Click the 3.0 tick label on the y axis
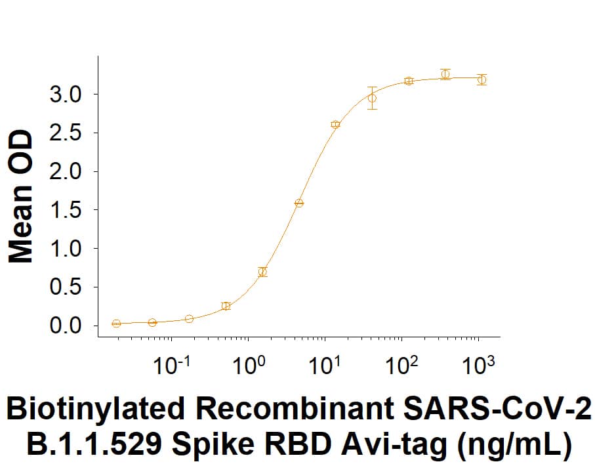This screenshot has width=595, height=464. click(x=65, y=95)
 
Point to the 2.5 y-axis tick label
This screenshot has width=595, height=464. click(x=65, y=133)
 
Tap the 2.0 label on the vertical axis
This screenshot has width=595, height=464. click(x=65, y=172)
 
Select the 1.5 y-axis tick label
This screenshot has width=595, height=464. click(x=65, y=210)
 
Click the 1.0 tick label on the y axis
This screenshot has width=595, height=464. click(x=65, y=249)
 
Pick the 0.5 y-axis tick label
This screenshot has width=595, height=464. click(x=65, y=287)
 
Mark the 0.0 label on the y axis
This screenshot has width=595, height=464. click(x=65, y=326)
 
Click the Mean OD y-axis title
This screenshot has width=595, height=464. click(x=22, y=197)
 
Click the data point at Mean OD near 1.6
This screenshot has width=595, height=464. click(x=299, y=203)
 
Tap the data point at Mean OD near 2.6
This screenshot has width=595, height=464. click(x=335, y=124)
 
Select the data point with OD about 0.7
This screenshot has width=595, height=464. click(x=262, y=272)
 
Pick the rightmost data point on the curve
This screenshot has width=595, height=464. click(x=482, y=79)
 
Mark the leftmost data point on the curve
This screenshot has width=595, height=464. click(x=116, y=324)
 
